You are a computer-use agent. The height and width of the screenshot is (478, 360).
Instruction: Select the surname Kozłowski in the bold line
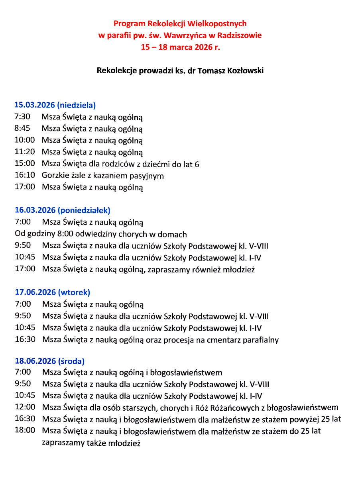point(244,71)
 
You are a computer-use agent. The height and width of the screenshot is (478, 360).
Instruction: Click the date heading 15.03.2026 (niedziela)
point(55,106)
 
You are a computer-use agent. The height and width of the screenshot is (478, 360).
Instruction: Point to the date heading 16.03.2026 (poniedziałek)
point(63,210)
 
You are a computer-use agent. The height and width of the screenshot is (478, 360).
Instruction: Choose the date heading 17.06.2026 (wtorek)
point(53,292)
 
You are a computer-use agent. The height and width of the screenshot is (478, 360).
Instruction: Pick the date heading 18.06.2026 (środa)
point(50,361)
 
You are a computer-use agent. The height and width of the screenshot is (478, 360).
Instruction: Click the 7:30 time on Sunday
point(22,118)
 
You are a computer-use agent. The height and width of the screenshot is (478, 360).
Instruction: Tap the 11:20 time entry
point(25,152)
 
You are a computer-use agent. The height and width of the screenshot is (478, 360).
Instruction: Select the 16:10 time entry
point(25,175)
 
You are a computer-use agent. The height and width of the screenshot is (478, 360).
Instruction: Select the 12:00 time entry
point(25,407)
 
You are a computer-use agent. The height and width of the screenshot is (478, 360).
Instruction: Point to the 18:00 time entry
point(25,431)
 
